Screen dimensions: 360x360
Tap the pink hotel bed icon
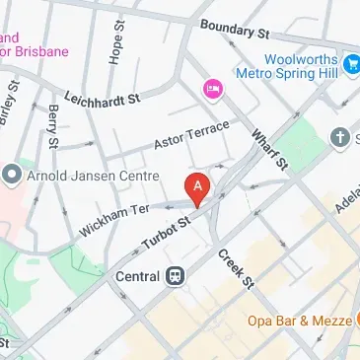pyautogui.click(x=211, y=90)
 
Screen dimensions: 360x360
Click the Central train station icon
pyautogui.click(x=176, y=276)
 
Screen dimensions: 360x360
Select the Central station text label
pyautogui.click(x=139, y=276)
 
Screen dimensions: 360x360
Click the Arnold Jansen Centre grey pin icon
pyautogui.click(x=12, y=176)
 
